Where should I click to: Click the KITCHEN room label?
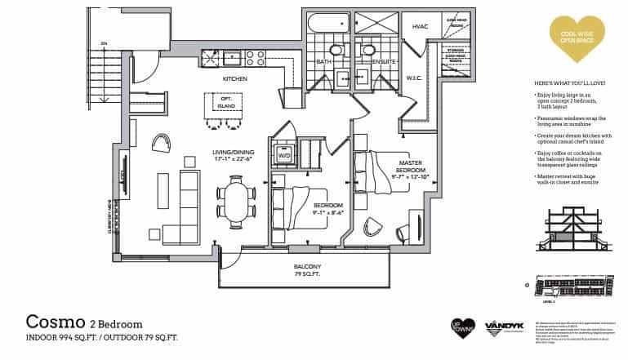pyautogui.click(x=235, y=79)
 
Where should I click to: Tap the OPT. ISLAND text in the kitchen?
pyautogui.click(x=225, y=102)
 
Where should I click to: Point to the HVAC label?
pyautogui.click(x=420, y=27)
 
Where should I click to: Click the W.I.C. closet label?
pyautogui.click(x=415, y=79)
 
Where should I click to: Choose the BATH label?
pyautogui.click(x=323, y=61)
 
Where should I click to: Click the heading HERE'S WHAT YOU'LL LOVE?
pyautogui.click(x=569, y=84)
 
